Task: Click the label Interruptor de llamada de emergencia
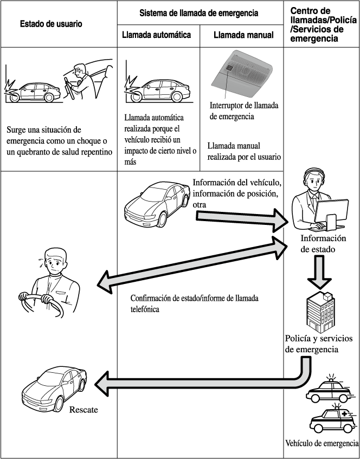(x=243, y=111)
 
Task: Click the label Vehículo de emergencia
(x=322, y=443)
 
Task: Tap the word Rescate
(x=83, y=410)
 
